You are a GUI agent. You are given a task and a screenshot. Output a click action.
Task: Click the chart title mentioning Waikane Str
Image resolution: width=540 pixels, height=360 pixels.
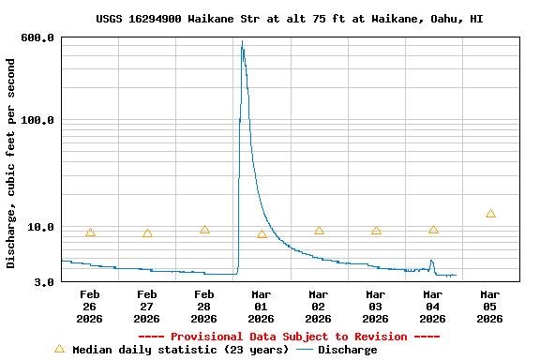click(x=290, y=19)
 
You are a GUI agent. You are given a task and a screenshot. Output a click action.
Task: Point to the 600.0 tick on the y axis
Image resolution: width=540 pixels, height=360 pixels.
click(x=37, y=37)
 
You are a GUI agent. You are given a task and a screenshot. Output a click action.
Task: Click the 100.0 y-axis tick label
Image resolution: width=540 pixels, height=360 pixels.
click(x=37, y=120)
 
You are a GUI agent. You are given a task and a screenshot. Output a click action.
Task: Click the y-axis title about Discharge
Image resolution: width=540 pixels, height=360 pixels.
click(x=11, y=163)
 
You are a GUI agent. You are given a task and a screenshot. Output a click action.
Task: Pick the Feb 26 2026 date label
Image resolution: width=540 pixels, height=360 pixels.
click(x=90, y=307)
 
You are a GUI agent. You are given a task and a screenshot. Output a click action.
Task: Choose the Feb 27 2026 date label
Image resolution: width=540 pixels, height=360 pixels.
click(x=147, y=307)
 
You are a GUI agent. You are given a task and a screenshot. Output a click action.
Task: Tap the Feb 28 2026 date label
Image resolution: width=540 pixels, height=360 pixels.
click(x=204, y=307)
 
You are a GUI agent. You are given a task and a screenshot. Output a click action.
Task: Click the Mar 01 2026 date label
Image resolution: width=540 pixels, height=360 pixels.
click(x=262, y=307)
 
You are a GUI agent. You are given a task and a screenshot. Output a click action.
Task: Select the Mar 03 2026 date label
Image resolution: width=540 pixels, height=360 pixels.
click(x=376, y=307)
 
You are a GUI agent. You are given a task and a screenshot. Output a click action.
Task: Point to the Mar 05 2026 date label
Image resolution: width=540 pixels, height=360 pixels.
click(x=490, y=307)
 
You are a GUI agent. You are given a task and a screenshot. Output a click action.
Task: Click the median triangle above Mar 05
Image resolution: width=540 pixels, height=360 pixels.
click(x=490, y=214)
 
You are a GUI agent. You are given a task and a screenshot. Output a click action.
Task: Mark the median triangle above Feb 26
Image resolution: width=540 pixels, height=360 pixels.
click(x=90, y=232)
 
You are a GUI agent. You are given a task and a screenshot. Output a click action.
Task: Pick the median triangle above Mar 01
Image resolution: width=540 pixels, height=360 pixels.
click(x=262, y=234)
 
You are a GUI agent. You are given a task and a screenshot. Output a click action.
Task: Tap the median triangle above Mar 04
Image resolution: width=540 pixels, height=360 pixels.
click(x=433, y=230)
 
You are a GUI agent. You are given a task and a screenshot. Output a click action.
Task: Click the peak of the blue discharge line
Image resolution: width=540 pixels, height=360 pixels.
click(x=242, y=42)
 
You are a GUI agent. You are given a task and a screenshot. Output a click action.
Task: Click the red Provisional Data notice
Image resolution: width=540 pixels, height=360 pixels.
click(x=289, y=337)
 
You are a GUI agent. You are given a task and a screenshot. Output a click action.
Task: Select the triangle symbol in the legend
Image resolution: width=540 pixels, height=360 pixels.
click(x=60, y=349)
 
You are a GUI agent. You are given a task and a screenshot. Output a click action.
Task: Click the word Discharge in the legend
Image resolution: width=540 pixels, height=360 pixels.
click(x=347, y=350)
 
